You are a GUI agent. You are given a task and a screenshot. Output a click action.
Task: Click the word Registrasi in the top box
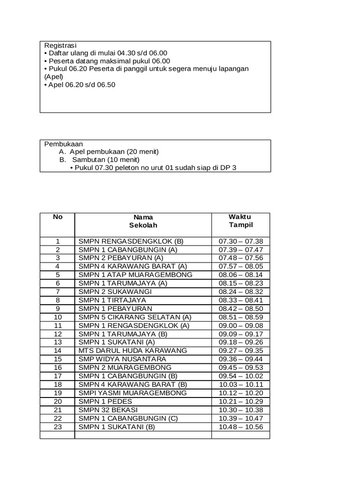(60, 45)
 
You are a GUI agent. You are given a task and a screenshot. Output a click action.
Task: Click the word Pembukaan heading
(63, 144)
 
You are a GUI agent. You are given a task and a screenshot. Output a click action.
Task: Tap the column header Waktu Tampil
(240, 221)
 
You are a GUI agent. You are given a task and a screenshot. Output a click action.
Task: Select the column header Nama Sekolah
(143, 221)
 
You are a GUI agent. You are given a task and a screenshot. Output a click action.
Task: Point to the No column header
(57, 217)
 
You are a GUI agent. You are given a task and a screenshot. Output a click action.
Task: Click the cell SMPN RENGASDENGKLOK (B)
(131, 241)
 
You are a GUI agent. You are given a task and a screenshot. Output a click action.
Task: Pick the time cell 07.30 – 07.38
(241, 241)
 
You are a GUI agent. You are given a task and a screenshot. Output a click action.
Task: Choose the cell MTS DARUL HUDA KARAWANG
(133, 350)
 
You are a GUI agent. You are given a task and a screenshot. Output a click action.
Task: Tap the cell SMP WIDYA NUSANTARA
(122, 359)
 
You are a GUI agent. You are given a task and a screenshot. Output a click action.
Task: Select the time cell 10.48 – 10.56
(241, 427)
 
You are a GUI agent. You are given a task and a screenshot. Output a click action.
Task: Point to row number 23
(58, 427)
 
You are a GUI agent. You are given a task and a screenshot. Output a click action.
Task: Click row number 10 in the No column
(58, 317)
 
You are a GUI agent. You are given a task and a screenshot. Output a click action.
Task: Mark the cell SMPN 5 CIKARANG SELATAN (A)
(135, 317)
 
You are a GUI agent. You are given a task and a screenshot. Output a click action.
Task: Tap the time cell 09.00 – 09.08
(241, 325)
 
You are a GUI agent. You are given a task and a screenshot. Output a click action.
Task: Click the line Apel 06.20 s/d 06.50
(82, 85)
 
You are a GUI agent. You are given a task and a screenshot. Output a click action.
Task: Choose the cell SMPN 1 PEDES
(105, 401)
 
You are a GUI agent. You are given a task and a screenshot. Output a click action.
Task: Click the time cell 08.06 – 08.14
(241, 275)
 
